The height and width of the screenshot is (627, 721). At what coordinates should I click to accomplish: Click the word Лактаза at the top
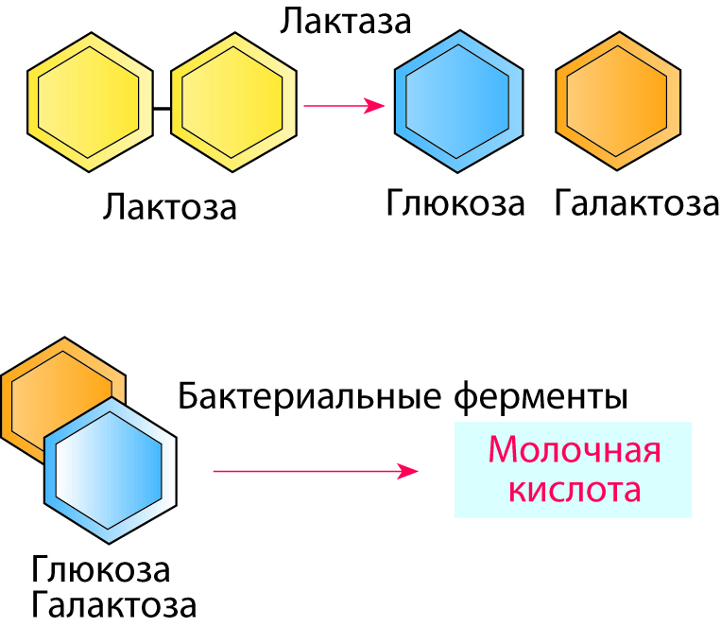coord(345,21)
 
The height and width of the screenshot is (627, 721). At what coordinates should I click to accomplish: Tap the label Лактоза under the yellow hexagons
coord(170,206)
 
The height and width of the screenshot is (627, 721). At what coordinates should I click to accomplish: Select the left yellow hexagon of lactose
coord(90,103)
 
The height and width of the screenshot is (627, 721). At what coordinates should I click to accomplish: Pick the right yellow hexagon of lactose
coord(232,103)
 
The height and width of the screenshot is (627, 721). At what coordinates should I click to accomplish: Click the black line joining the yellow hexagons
coord(162,108)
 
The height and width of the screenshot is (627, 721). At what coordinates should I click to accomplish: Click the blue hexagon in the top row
coord(457,103)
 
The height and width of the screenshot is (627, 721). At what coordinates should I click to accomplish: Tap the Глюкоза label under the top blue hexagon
coord(455,203)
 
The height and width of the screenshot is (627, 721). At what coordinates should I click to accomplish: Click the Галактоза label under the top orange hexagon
coord(637,203)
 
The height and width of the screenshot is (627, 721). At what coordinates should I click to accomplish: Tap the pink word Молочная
coord(574,450)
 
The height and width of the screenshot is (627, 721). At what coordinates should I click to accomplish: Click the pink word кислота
coord(574,491)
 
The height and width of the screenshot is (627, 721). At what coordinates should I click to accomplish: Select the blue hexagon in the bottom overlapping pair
coord(111,470)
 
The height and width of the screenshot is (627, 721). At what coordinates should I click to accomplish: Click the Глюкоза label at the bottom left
coord(101,570)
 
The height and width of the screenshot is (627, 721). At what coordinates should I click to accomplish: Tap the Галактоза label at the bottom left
coord(113,604)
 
